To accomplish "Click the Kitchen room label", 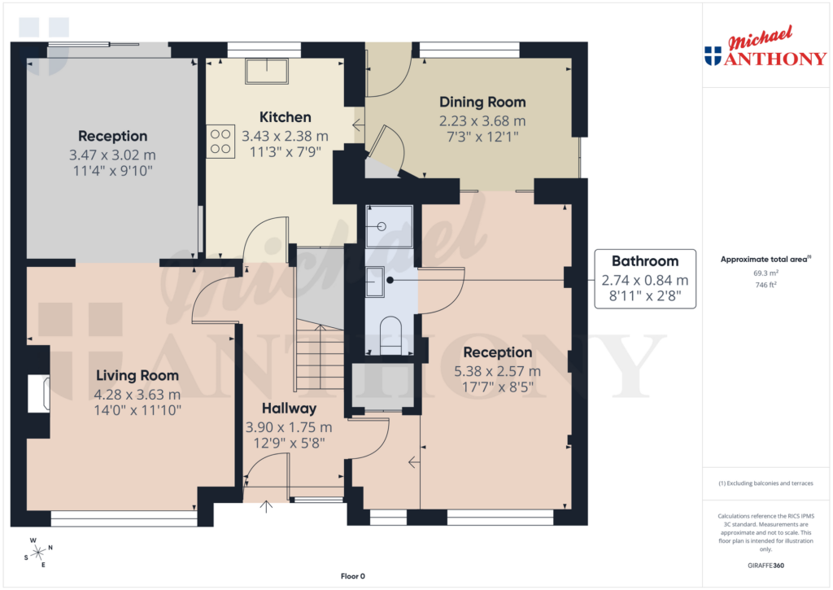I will point(285,117).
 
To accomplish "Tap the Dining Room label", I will point(482,102).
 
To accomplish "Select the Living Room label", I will point(137,375).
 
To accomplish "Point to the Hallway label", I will point(289,409).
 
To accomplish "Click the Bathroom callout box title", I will point(644,261).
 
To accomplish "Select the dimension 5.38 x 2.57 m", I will point(497,371).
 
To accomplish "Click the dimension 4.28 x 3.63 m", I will point(137,394).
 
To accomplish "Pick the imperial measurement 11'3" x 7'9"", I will point(285,151).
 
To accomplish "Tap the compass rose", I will point(38,553).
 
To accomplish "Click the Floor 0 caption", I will point(354,576).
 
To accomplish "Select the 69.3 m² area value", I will point(765,273).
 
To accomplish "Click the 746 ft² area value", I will point(765,285).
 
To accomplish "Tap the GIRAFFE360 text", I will point(765,566).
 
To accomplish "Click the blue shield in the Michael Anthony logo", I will point(713,56).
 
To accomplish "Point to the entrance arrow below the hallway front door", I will point(267,507).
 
